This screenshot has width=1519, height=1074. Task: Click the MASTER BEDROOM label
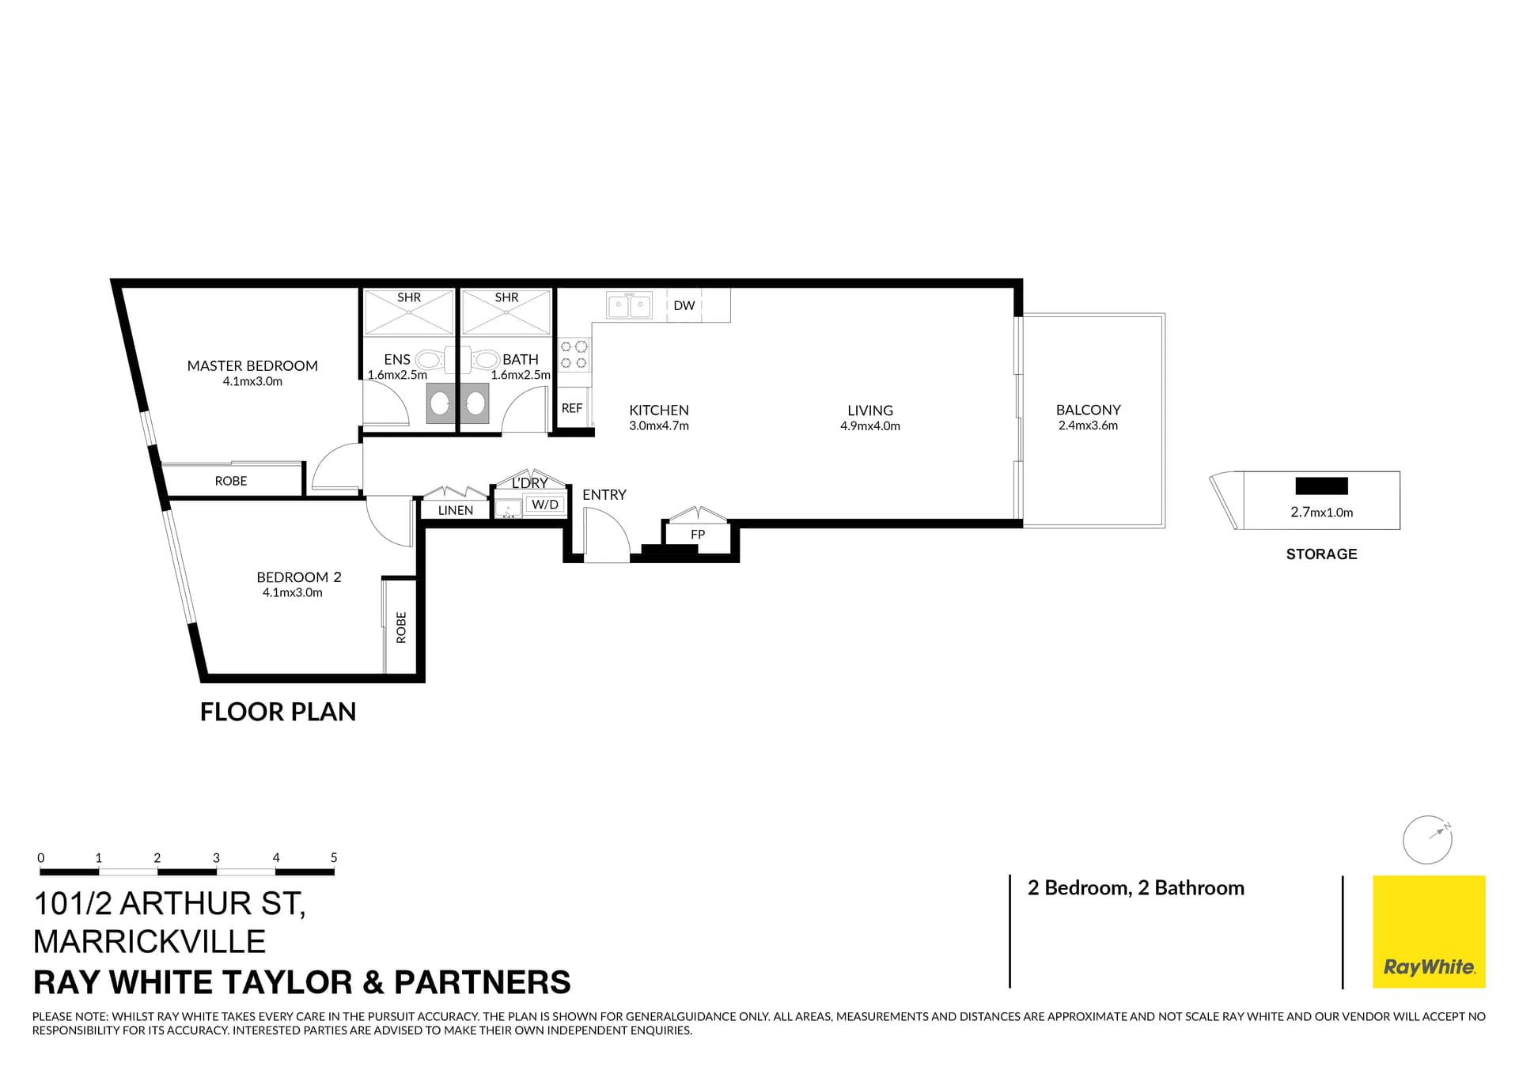[x=252, y=365]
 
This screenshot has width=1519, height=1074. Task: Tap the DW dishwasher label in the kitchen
[x=684, y=305]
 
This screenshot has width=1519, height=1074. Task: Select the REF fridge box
[x=572, y=408]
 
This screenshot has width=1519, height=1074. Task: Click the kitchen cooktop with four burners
[x=574, y=354]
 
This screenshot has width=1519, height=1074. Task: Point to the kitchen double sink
[x=629, y=304]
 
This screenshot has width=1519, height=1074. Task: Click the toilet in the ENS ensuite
[x=430, y=360]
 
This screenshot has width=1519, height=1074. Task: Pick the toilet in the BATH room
[x=485, y=360]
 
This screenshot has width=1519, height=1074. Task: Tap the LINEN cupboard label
[x=456, y=510]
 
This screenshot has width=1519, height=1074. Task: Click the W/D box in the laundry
[x=544, y=504]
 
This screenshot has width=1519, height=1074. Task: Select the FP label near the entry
[x=697, y=535]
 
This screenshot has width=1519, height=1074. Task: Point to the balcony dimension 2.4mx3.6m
[x=1088, y=425]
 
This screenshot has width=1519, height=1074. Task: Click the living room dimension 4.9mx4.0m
[x=869, y=426]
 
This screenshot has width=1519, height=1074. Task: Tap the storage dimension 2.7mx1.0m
[x=1321, y=512]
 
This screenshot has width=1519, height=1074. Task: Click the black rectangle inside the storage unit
[x=1320, y=486]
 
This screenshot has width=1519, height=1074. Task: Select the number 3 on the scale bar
[x=216, y=857]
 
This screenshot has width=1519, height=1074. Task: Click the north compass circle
[x=1426, y=840]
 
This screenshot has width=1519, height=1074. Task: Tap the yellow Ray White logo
[x=1428, y=931]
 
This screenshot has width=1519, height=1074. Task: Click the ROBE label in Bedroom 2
[x=401, y=627]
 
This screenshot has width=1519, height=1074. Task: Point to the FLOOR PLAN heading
[x=278, y=712]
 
